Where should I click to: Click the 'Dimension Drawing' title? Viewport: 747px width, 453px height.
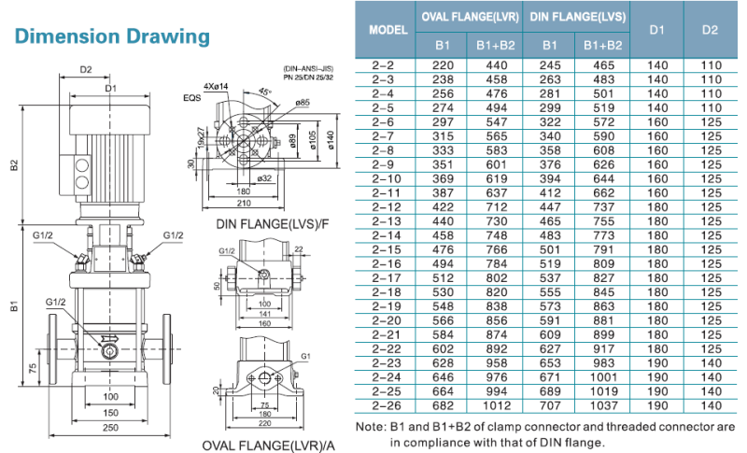tap(113, 36)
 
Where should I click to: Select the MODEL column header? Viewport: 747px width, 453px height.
tap(388, 29)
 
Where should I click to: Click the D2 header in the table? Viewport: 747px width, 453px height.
tap(709, 29)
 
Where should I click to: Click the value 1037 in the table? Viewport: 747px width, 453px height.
tap(602, 405)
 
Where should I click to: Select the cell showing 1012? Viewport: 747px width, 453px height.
tap(497, 405)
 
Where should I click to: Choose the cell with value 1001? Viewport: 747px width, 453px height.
tap(602, 377)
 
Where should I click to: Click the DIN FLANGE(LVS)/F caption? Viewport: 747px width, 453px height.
tap(264, 224)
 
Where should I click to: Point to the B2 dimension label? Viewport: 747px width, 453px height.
tap(14, 165)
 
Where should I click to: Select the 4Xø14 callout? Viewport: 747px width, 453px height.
tap(216, 87)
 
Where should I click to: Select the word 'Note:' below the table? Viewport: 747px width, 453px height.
tap(372, 427)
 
